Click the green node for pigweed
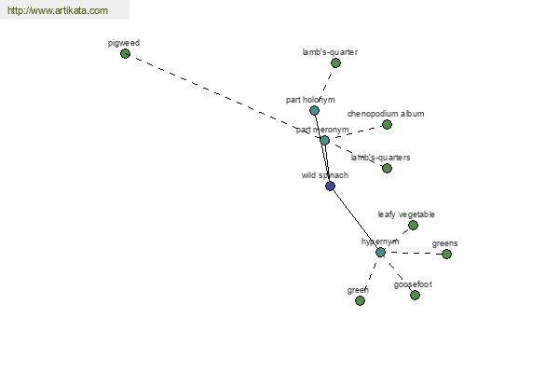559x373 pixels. coord(125,54)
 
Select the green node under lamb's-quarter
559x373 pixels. coord(335,63)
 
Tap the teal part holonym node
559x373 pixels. coord(314,110)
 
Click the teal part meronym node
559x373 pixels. coord(324,140)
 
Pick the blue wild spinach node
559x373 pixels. coord(330,186)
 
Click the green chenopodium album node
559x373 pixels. coord(387,125)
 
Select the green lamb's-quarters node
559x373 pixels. coord(387,168)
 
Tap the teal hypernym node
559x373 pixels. coord(380,253)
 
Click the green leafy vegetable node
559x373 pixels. coord(413,226)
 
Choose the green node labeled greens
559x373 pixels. coord(446,255)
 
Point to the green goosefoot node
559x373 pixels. coord(415,296)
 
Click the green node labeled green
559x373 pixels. coord(360,300)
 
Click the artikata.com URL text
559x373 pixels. coord(58,10)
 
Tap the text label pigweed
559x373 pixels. coord(124,43)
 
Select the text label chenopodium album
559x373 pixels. coord(386,114)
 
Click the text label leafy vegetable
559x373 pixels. coord(406,214)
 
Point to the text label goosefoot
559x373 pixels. coord(413,284)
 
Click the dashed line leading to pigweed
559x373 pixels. coord(225,97)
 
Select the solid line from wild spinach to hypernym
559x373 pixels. coord(355,219)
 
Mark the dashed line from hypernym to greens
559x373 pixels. coord(414,253)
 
